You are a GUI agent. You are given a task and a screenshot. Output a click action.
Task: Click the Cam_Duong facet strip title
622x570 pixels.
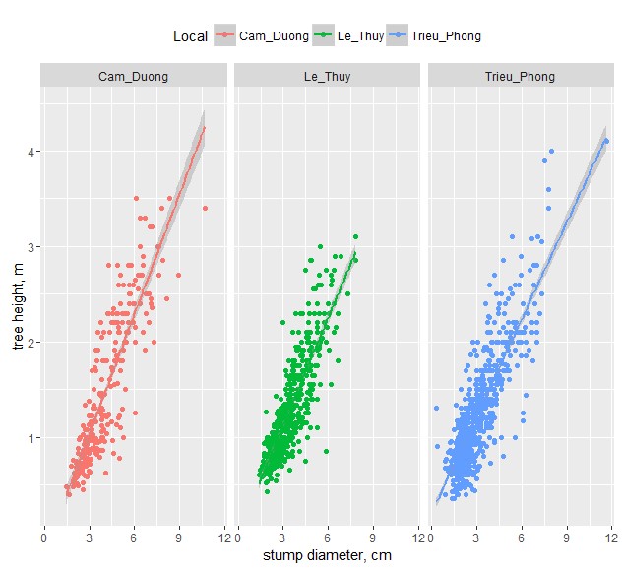tap(133, 76)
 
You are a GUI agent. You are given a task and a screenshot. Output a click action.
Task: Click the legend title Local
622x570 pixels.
tap(190, 36)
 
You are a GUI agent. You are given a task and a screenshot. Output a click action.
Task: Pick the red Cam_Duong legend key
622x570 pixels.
tap(226, 36)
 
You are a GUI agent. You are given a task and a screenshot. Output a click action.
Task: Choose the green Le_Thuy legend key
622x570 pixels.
tap(324, 36)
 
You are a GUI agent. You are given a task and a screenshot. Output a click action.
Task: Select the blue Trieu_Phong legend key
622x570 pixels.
tap(398, 36)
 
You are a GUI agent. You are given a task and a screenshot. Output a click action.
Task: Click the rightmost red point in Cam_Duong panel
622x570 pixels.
tap(205, 208)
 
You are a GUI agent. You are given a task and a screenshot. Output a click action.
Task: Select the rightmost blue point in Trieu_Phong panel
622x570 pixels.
tap(606, 141)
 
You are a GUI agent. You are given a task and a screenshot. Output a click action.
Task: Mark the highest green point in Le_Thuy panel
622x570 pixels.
tap(355, 236)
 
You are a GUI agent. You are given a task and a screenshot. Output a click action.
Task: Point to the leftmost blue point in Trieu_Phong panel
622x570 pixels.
tap(436, 408)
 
